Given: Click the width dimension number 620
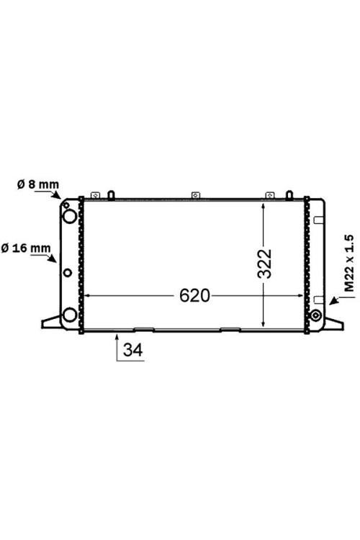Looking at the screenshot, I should point(194,296).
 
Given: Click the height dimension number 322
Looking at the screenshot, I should point(266,264).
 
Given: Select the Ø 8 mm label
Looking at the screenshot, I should point(37,184).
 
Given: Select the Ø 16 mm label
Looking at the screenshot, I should point(26,248).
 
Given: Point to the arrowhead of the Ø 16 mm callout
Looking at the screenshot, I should point(58,263).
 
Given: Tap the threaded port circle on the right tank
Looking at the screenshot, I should point(315,315).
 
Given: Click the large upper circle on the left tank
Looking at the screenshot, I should point(68,215).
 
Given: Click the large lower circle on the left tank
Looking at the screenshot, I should point(68,315).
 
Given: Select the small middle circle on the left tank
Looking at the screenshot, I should point(68,273).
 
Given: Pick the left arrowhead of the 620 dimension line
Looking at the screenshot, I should point(88,295).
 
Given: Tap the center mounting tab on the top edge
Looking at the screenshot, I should point(194,194).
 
